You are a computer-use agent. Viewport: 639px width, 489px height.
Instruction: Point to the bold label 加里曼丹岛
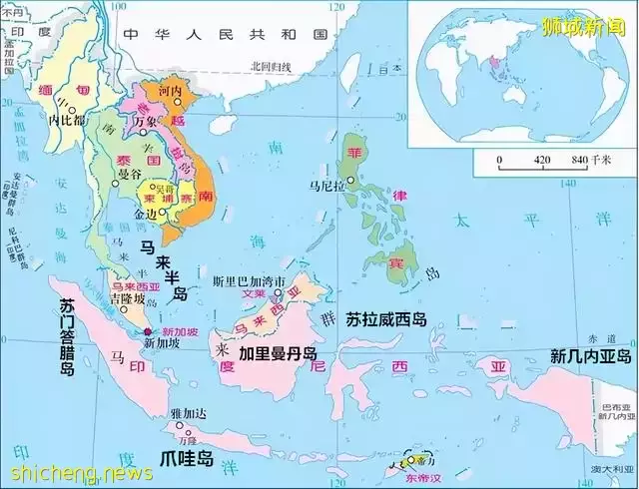278,354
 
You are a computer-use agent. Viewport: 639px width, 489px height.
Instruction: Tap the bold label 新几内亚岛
591,356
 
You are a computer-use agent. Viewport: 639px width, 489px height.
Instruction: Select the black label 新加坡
162,342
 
